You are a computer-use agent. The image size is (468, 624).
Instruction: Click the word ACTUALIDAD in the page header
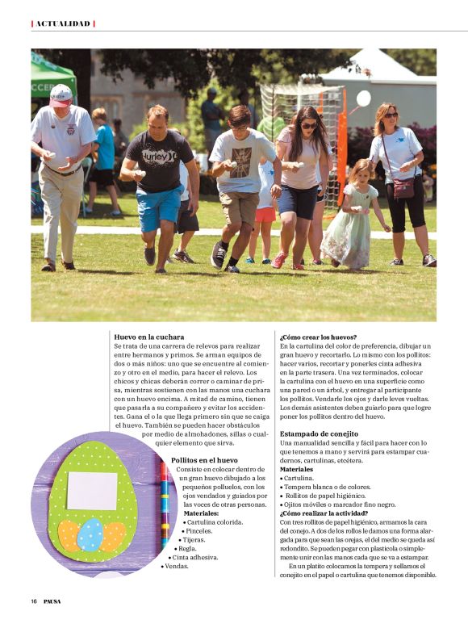[x=63, y=23]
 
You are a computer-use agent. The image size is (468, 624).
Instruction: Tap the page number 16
[x=34, y=601]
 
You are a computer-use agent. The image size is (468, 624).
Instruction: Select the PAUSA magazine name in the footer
[x=52, y=601]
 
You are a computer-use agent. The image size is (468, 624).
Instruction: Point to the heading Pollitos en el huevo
[x=204, y=459]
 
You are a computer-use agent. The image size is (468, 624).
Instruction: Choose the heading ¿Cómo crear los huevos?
[x=318, y=336]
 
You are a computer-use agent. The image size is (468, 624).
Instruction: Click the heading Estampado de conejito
[x=319, y=433]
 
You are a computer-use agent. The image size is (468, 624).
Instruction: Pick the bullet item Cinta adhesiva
[x=194, y=557]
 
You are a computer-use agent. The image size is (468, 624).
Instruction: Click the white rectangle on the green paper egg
[x=92, y=490]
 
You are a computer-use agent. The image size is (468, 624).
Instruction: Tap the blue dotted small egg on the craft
[x=90, y=534]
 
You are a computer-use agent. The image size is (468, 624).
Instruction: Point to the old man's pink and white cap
[x=61, y=95]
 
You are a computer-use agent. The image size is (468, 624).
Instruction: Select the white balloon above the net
[x=363, y=98]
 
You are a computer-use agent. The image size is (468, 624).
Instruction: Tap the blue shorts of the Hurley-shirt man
[x=157, y=205]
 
